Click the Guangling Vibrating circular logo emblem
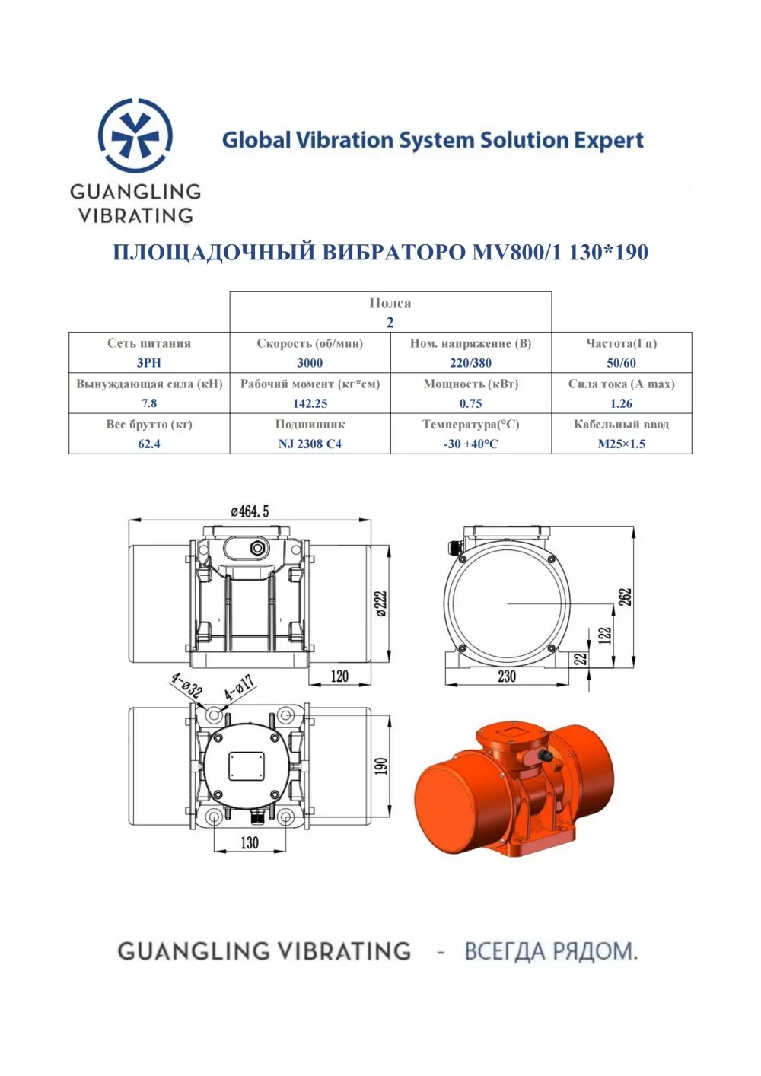[135, 135]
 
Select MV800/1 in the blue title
[517, 252]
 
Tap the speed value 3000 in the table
[310, 363]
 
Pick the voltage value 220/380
[471, 363]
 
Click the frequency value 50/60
[621, 363]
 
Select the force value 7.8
[149, 403]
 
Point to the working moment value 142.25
[310, 403]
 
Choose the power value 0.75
[471, 403]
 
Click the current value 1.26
[621, 403]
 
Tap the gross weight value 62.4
[149, 444]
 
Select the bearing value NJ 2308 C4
[310, 444]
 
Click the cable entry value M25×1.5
[621, 444]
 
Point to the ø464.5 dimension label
[250, 512]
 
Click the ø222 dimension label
[381, 603]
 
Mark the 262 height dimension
[626, 597]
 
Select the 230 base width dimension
[507, 676]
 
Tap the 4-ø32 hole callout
[187, 686]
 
